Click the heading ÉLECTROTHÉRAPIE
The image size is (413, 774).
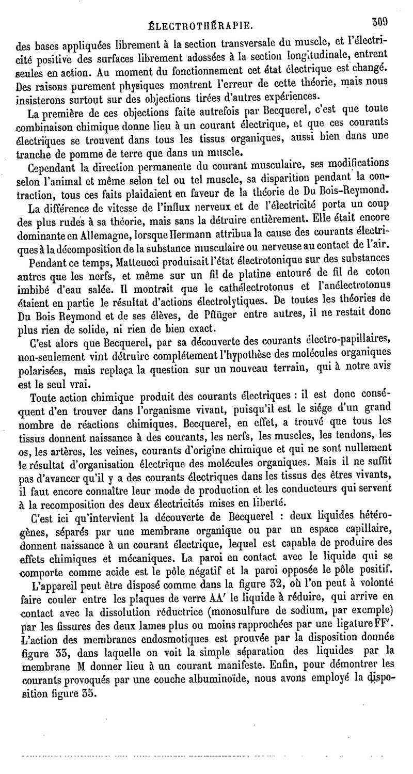[200, 24]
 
